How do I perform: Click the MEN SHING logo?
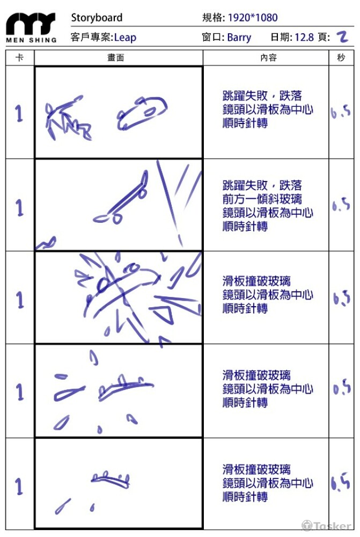pyautogui.click(x=31, y=27)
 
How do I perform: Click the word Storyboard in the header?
pyautogui.click(x=97, y=18)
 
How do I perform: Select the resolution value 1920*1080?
pyautogui.click(x=253, y=18)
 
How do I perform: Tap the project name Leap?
pyautogui.click(x=125, y=38)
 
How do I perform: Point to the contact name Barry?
pyautogui.click(x=239, y=38)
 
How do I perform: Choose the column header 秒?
pyautogui.click(x=341, y=58)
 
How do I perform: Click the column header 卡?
pyautogui.click(x=20, y=58)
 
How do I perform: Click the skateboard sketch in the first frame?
pyautogui.click(x=141, y=113)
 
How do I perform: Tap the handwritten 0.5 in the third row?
pyautogui.click(x=341, y=298)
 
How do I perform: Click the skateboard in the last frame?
pyautogui.click(x=111, y=480)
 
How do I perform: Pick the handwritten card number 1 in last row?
pyautogui.click(x=20, y=486)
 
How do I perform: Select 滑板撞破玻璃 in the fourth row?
pyautogui.click(x=256, y=375)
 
